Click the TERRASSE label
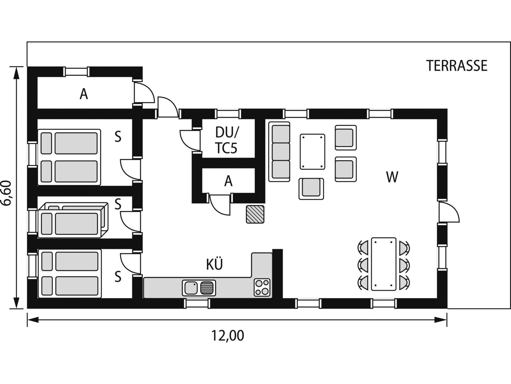[457, 66]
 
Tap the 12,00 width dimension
[228, 336]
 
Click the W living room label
[392, 177]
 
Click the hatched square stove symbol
[255, 214]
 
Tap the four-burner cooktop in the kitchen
[262, 287]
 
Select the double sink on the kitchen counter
[199, 288]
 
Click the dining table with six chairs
[384, 264]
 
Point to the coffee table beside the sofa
[312, 152]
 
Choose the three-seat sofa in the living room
[279, 152]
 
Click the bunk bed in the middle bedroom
[73, 220]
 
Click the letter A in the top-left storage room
[84, 94]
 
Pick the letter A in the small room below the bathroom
[228, 181]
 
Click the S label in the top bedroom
[118, 137]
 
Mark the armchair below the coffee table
[311, 189]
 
